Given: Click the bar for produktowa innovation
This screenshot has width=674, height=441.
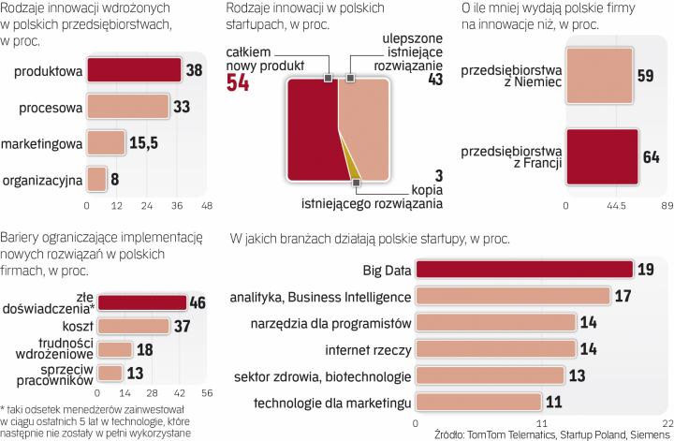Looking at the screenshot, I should pos(134,70).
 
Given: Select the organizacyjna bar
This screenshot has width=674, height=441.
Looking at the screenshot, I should pos(96,178).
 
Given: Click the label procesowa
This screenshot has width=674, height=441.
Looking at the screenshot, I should pos(49,107).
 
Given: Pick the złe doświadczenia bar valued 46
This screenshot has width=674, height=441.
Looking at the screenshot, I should pos(142,302).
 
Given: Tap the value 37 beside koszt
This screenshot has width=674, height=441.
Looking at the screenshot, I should pos(185,326).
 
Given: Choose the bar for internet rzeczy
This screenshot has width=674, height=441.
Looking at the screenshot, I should pos(494,349).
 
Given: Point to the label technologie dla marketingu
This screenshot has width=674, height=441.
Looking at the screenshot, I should pos(333,404).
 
